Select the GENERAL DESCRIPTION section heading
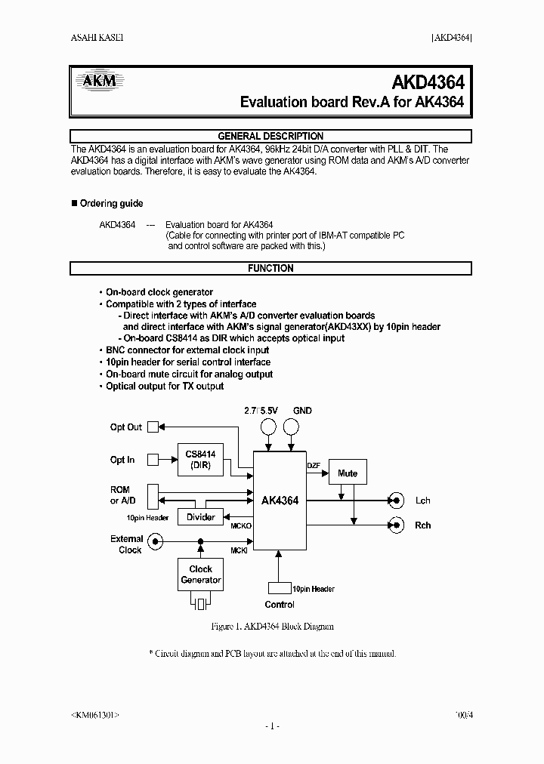(270, 136)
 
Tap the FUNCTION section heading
(270, 268)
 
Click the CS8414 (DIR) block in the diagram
(200, 460)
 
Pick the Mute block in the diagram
(348, 473)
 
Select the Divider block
(200, 517)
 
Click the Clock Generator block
(200, 575)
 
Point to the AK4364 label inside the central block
(280, 501)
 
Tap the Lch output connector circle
(394, 500)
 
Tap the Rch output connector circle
(394, 525)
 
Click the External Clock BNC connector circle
(155, 541)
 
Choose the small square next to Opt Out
(153, 427)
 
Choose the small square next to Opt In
(153, 458)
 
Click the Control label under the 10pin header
(280, 605)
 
